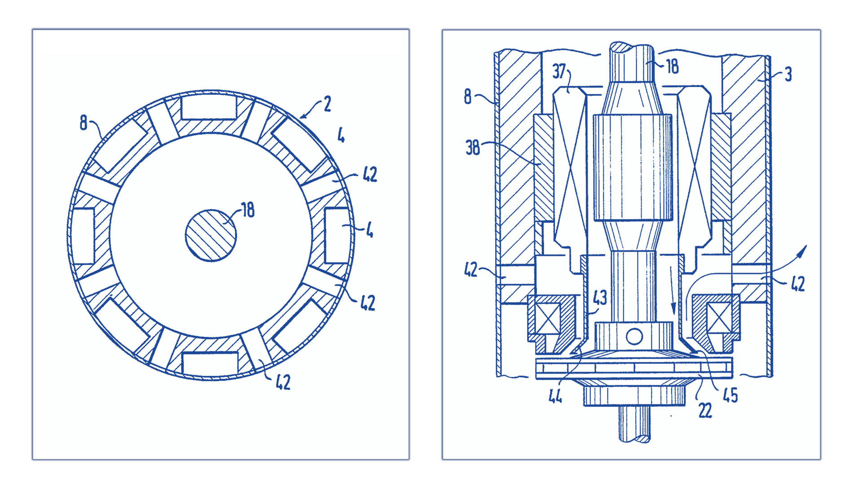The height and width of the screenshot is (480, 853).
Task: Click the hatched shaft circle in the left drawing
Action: coord(211,235)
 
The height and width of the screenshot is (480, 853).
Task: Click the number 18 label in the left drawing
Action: coord(248,210)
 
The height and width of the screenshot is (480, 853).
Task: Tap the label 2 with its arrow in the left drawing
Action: coord(327,104)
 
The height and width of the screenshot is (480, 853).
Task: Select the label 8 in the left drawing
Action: coord(84,123)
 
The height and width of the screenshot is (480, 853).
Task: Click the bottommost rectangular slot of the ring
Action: coord(210,363)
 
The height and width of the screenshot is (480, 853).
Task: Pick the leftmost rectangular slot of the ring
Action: coord(84,235)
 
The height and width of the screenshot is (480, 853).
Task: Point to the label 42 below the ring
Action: coord(283,382)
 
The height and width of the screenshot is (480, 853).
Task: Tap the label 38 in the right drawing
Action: coord(473,148)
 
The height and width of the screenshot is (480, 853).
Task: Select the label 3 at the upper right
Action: coord(788,75)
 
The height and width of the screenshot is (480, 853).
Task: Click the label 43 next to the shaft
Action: coord(600,297)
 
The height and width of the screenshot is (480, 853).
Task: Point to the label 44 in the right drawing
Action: coord(555,396)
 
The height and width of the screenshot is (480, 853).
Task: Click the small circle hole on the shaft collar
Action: coord(634,336)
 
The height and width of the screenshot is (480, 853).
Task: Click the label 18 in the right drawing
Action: coord(672,67)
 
